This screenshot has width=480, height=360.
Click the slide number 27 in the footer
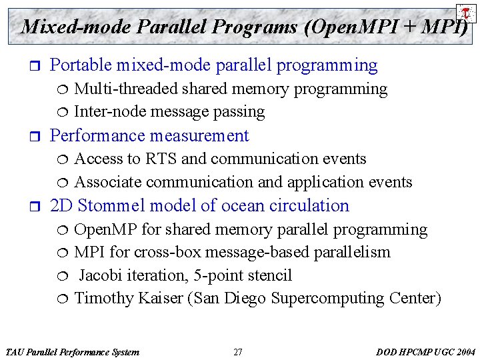click(238, 352)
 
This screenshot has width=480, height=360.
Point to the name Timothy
click(104, 298)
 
